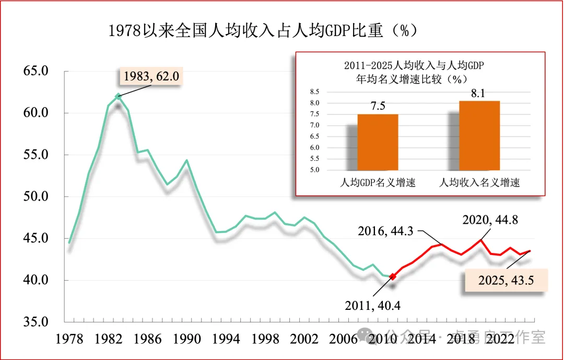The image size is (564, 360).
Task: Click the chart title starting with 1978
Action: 264,31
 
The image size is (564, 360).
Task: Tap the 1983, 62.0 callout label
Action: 151,77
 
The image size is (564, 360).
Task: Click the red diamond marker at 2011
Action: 393,276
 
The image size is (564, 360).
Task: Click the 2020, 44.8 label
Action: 490,220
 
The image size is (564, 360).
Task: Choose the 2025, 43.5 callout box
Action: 506,280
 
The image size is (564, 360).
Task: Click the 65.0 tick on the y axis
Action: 36,71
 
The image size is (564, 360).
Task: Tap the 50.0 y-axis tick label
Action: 36,196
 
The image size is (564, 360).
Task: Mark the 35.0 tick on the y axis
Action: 36,322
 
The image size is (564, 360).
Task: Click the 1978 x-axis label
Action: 70,339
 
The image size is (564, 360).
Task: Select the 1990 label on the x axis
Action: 187,339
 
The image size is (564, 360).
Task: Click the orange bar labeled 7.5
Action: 378,142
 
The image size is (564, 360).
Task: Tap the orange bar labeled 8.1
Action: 479,135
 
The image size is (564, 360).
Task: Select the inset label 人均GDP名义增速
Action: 378,183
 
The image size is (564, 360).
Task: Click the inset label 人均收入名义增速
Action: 479,183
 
